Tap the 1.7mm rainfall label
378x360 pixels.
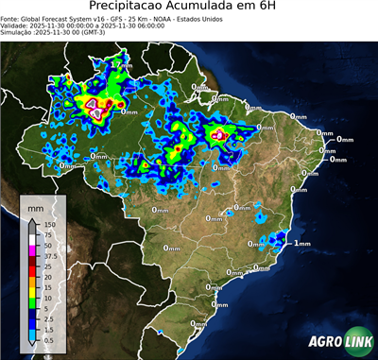point(120,64)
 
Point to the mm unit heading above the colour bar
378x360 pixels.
point(35,204)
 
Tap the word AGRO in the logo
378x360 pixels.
point(323,341)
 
